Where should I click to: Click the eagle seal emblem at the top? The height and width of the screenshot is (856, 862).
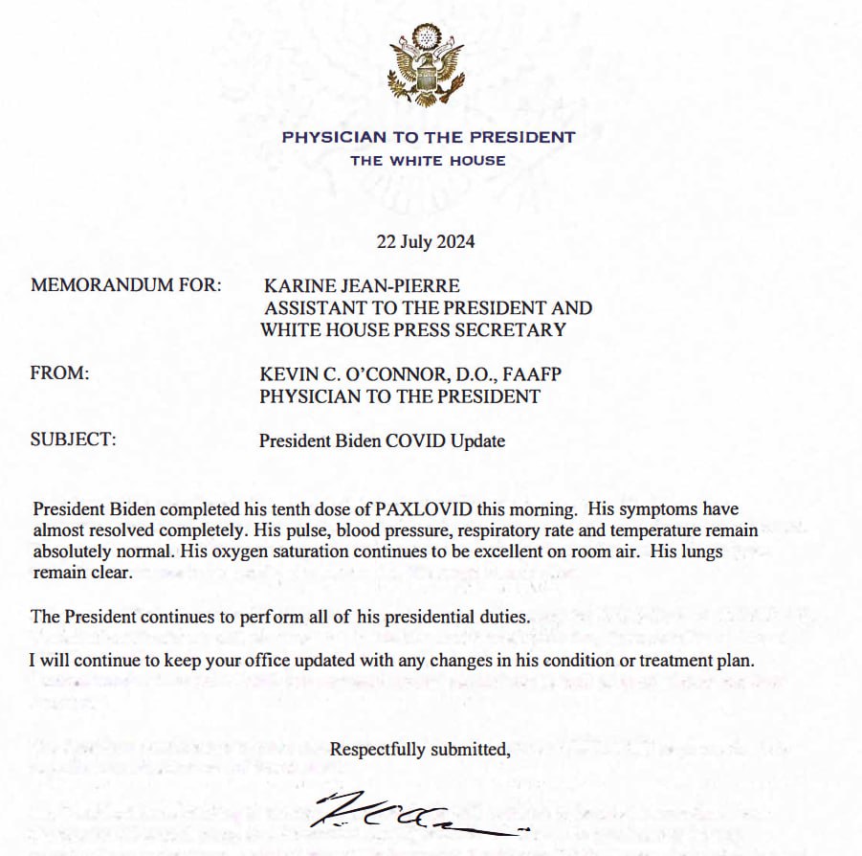pyautogui.click(x=429, y=65)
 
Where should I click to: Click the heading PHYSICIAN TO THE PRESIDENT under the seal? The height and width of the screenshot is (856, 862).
pyautogui.click(x=429, y=137)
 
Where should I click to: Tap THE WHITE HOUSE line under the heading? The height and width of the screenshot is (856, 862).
pyautogui.click(x=428, y=161)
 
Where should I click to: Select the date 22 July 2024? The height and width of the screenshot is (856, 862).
pyautogui.click(x=426, y=241)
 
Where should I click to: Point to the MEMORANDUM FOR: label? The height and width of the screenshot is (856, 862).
pyautogui.click(x=126, y=285)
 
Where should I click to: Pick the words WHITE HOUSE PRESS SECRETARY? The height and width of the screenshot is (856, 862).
pyautogui.click(x=412, y=330)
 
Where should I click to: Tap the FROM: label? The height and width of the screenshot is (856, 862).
pyautogui.click(x=59, y=374)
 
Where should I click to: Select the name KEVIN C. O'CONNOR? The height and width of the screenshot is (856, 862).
pyautogui.click(x=336, y=374)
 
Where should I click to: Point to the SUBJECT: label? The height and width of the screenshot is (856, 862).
pyautogui.click(x=74, y=441)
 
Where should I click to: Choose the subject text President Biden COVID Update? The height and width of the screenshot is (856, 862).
pyautogui.click(x=382, y=441)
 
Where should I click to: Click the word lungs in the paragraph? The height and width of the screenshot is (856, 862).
pyautogui.click(x=702, y=552)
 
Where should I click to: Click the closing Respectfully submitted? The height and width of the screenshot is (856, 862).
pyautogui.click(x=420, y=750)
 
